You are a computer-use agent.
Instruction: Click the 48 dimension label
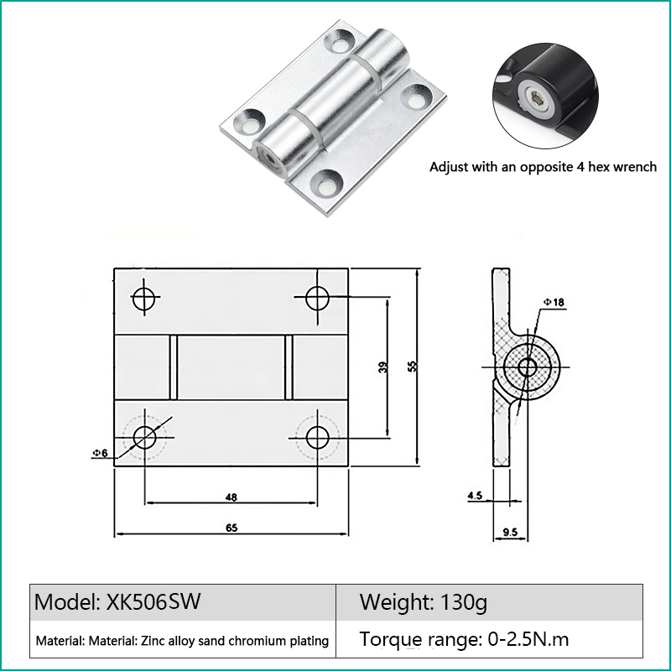(231, 497)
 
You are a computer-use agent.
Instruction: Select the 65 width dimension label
(231, 528)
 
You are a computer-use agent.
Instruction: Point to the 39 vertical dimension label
(383, 367)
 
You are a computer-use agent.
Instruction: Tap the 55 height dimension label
(412, 367)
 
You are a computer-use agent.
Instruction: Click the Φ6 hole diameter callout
(101, 453)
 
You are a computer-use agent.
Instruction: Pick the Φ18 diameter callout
(554, 303)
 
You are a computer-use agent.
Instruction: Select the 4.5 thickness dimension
(475, 495)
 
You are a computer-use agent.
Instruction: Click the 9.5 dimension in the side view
(510, 532)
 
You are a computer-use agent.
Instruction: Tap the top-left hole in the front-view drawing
(144, 298)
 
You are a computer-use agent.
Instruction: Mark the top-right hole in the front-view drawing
(318, 297)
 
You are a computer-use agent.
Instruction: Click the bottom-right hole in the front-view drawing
(318, 438)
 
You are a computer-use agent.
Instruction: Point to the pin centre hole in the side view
(528, 367)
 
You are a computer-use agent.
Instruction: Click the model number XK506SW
(153, 601)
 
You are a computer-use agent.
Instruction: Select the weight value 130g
(464, 602)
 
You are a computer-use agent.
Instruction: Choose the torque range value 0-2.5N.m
(528, 639)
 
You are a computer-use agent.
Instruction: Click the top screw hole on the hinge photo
(340, 43)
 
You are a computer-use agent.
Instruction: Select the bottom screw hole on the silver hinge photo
(326, 184)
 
